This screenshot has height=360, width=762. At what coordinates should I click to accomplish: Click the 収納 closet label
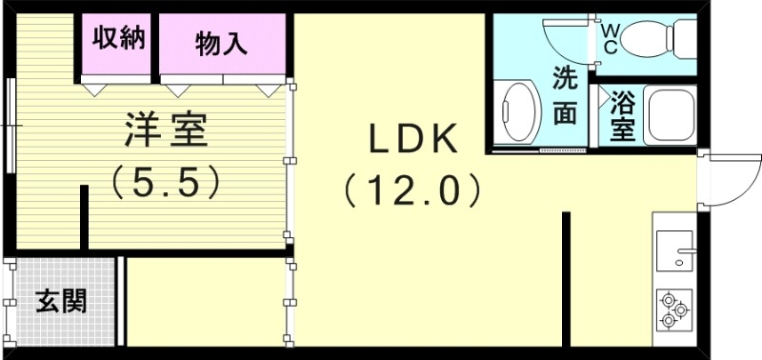coord(118,39)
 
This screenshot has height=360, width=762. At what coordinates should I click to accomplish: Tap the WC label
coord(609,37)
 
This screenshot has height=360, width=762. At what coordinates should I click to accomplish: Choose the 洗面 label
coord(566,96)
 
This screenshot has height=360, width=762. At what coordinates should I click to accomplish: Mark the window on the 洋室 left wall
coord(10,124)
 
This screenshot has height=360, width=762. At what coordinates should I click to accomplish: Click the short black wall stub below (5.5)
coord(85,217)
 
